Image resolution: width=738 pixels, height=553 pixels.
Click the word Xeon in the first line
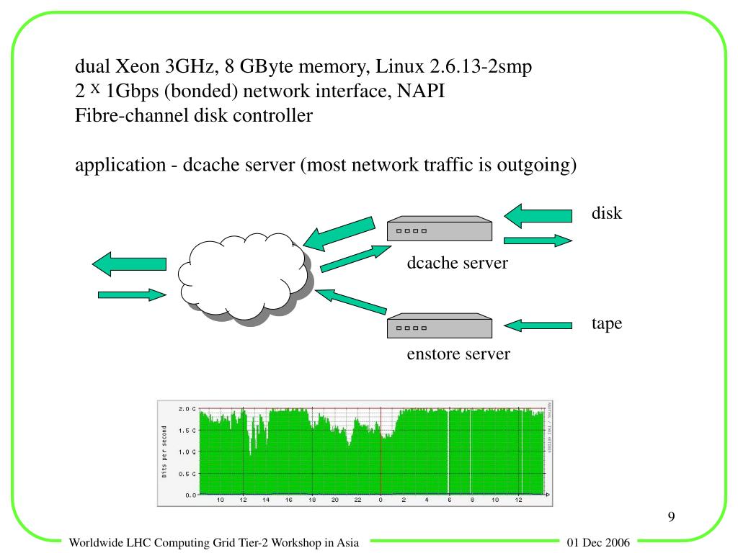click(x=138, y=68)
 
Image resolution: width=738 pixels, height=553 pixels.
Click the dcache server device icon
click(x=440, y=229)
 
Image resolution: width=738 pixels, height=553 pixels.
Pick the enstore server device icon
click(x=440, y=327)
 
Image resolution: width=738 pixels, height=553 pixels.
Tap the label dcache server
click(x=457, y=263)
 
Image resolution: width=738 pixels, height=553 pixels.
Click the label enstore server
click(x=458, y=354)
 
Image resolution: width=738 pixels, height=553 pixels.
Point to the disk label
click(x=607, y=213)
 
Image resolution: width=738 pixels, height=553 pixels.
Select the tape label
click(x=607, y=324)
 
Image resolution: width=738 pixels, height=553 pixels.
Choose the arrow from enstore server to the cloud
click(x=352, y=302)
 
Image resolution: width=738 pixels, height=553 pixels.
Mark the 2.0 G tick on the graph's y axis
click(x=187, y=409)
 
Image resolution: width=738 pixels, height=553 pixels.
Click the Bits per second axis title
click(x=164, y=451)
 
